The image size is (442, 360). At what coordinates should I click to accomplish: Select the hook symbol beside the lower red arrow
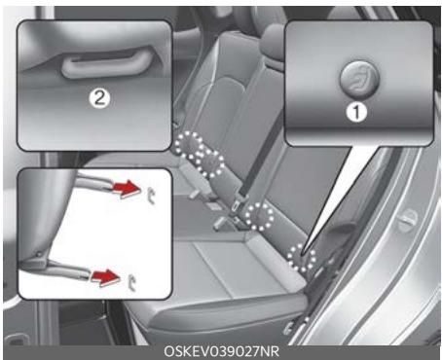pos(132,283)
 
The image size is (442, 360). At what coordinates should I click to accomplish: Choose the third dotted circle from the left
pos(259,215)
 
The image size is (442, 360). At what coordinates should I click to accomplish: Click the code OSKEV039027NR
pos(220,351)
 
